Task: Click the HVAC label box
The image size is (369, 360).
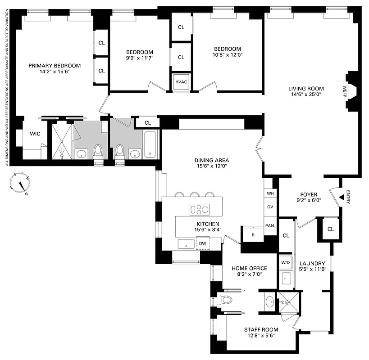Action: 181,81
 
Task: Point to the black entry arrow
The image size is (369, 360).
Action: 341,197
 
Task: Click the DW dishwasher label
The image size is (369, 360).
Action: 203,243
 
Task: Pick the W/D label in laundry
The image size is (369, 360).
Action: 286,262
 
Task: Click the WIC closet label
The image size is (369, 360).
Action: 35,134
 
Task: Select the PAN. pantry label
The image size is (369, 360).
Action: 270,225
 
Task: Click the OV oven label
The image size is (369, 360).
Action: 270,207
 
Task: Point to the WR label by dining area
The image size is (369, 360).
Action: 270,193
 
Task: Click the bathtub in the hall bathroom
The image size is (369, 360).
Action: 150,144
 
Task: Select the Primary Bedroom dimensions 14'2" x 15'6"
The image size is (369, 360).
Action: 54,72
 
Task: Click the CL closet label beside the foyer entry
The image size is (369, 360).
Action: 331,229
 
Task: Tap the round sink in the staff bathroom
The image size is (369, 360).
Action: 269,301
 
